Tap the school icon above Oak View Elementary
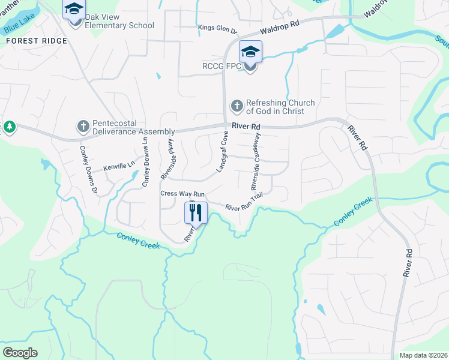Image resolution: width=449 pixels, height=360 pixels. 74,9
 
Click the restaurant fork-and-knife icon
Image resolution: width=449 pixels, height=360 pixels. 196,213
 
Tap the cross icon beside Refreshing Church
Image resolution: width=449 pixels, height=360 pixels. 237,107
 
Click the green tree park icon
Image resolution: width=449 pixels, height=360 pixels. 9,127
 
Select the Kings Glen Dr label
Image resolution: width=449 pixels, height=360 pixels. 218,28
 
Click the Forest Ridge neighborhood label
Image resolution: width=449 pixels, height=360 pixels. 37,41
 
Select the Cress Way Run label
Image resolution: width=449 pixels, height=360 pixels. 182,194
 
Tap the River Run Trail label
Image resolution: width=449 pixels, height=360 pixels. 244,202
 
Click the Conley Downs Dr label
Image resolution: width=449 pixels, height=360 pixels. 89,171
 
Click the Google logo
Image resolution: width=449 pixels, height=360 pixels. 20,353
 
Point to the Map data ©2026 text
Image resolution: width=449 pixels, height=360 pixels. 423,355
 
